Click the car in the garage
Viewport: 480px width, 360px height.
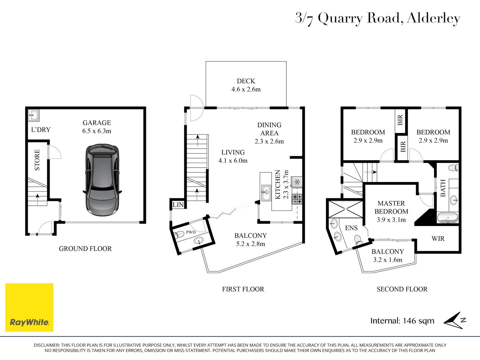(102, 180)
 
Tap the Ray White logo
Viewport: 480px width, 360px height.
(29, 308)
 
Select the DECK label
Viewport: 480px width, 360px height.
(246, 81)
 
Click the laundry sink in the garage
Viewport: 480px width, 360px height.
(34, 115)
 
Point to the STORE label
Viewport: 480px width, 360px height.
(37, 160)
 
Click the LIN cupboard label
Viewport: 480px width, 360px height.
(178, 205)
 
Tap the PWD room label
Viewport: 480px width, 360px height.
(191, 232)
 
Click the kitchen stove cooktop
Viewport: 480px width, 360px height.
(297, 199)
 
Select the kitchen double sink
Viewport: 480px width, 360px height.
(266, 193)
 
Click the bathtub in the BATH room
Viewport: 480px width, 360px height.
(448, 218)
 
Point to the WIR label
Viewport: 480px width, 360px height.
(438, 238)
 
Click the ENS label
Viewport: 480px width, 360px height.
(351, 228)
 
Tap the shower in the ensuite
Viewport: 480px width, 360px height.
(346, 209)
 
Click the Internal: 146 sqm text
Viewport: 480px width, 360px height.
(402, 321)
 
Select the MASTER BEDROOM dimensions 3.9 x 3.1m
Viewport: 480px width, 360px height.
(391, 220)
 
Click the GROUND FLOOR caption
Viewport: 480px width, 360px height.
(85, 249)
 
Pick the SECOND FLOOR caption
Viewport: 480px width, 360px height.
(402, 289)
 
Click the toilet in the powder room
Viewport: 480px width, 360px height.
(179, 235)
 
